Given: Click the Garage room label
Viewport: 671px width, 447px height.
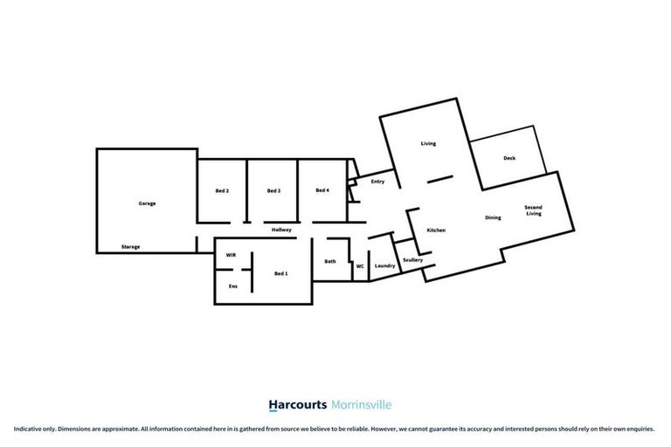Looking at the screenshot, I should point(147,203).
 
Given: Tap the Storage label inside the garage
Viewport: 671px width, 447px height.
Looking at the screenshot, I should point(130,247).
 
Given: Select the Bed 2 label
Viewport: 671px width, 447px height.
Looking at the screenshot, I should point(222,190).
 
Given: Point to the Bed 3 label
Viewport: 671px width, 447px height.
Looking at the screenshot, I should point(273,190).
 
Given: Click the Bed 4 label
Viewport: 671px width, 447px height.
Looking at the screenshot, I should point(322,190).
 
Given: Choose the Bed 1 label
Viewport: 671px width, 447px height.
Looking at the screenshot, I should point(280,274).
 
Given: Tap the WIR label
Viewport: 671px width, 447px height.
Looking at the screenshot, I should point(231,255).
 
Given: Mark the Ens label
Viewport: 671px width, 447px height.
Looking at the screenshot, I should point(232,286).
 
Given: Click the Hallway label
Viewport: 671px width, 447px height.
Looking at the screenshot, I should point(280,230).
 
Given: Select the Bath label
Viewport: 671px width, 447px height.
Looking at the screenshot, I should point(330,261).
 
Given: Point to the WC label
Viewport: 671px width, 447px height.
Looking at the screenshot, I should point(359,266).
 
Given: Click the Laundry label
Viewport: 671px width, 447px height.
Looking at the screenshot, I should point(384,265).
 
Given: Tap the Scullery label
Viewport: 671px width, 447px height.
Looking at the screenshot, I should point(413,260).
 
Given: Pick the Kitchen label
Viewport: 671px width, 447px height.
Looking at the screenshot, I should point(436,230).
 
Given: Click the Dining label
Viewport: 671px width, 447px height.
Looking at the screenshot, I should point(493,217).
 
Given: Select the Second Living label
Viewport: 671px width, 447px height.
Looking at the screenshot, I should point(533,210).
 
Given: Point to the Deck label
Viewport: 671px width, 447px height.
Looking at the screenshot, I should point(509,158).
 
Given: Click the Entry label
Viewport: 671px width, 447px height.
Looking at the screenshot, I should point(377,182).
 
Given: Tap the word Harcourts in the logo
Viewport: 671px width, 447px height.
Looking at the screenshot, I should point(297,405).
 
